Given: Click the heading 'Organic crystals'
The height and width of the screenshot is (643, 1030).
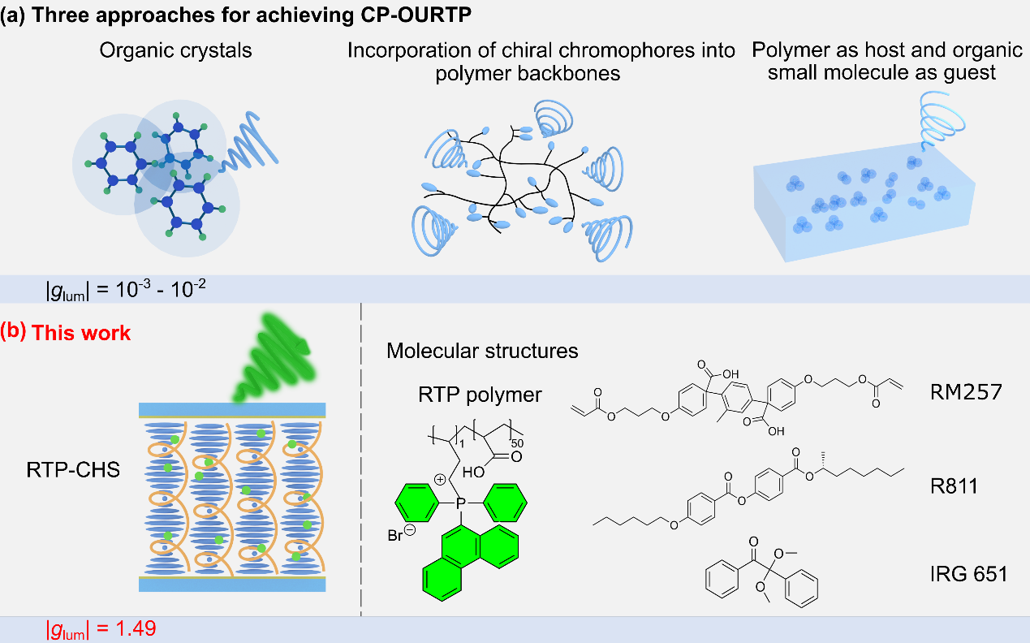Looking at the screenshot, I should (175, 50).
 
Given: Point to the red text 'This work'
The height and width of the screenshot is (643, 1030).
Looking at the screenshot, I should (81, 333).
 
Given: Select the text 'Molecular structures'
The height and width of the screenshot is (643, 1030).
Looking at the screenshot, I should (482, 351).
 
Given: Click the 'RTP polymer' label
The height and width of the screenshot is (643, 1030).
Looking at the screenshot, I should (479, 395).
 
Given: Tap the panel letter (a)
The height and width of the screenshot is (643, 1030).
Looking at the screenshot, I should (11, 14).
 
